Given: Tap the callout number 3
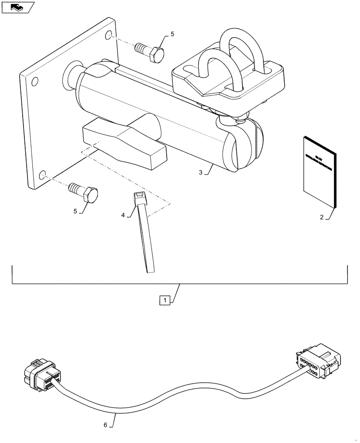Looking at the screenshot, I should [x=201, y=173].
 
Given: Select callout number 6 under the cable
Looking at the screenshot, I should [x=106, y=425].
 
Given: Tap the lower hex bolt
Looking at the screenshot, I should [x=86, y=193].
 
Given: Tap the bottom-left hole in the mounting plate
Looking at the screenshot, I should [x=43, y=175].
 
